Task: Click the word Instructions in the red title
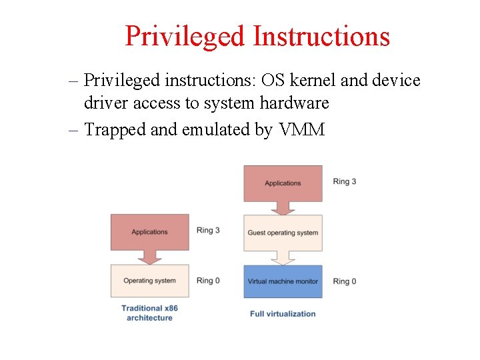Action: [321, 36]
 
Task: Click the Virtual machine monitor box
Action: [283, 281]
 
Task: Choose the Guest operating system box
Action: [283, 233]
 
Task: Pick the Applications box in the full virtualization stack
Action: [283, 183]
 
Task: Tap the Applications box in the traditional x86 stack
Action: [149, 231]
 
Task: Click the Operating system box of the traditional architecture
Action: [149, 281]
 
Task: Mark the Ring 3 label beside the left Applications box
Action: [208, 231]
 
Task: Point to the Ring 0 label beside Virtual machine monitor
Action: [345, 281]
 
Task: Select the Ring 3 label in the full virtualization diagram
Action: [345, 181]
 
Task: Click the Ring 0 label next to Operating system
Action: [208, 281]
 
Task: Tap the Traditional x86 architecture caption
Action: [149, 313]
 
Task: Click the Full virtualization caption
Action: [283, 313]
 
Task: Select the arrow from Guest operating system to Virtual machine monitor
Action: [283, 258]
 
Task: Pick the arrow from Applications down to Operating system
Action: [149, 257]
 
